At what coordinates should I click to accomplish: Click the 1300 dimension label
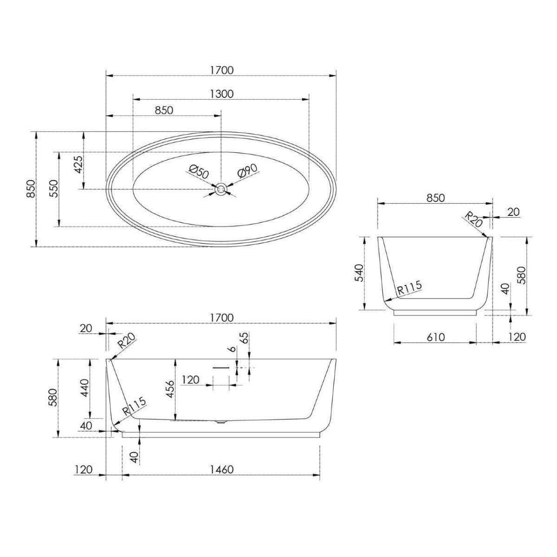(221, 94)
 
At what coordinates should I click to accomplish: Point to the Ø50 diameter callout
(199, 171)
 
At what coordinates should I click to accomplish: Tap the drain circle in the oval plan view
(221, 189)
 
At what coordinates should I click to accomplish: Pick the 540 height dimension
(358, 273)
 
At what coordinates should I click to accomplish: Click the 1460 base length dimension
(221, 469)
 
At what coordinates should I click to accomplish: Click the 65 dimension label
(245, 338)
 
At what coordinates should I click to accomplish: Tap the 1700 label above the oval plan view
(221, 70)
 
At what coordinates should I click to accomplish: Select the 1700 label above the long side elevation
(221, 318)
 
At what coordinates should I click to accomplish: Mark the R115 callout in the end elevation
(409, 288)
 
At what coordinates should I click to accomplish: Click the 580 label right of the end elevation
(522, 276)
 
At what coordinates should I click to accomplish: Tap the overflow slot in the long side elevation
(221, 367)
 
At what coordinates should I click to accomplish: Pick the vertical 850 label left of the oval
(30, 189)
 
